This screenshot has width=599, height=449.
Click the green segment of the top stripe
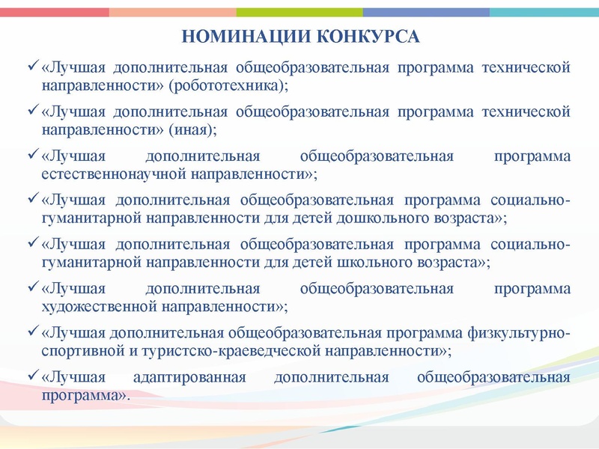299,12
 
